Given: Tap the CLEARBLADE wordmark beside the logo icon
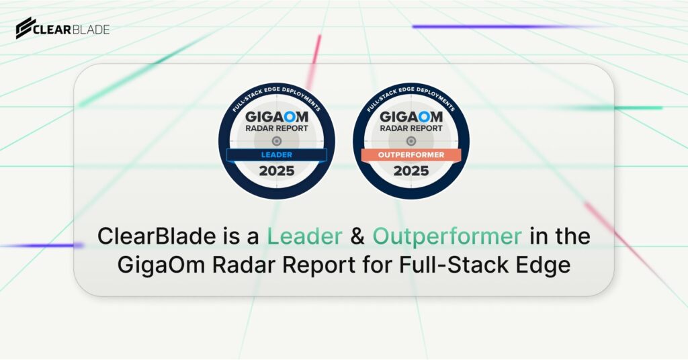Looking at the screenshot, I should [73, 29].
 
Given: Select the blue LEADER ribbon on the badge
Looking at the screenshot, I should [276, 155].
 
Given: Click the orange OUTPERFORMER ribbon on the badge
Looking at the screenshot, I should [411, 155].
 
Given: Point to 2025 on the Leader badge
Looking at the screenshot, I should [276, 171].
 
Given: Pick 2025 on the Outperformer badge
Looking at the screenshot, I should [411, 171].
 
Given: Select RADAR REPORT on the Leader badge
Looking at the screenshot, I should [276, 128].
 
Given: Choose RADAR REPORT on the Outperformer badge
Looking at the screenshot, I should [411, 128].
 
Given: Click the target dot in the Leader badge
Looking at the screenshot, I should [276, 141].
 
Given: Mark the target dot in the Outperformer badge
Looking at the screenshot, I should [411, 141].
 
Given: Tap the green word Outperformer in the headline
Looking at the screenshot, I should [447, 236].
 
